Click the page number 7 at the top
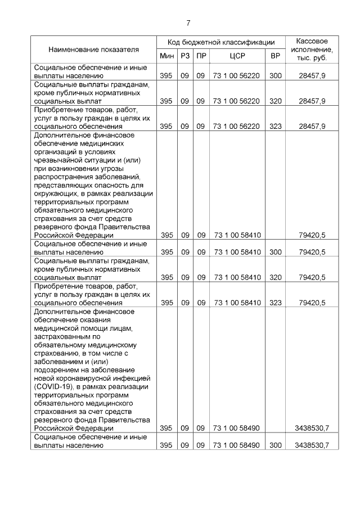pyautogui.click(x=188, y=22)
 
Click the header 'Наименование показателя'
pyautogui.click(x=93, y=49)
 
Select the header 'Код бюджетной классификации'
pyautogui.click(x=220, y=42)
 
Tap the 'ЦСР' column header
pyautogui.click(x=237, y=56)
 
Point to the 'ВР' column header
pyautogui.click(x=275, y=56)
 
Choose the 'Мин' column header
pyautogui.click(x=166, y=56)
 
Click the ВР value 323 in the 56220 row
pyautogui.click(x=275, y=127)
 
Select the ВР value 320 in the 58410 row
pyautogui.click(x=275, y=277)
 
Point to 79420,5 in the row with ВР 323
pyautogui.click(x=312, y=303)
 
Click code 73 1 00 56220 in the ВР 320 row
pyautogui.click(x=237, y=101)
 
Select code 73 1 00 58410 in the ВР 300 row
pyautogui.click(x=237, y=252)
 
